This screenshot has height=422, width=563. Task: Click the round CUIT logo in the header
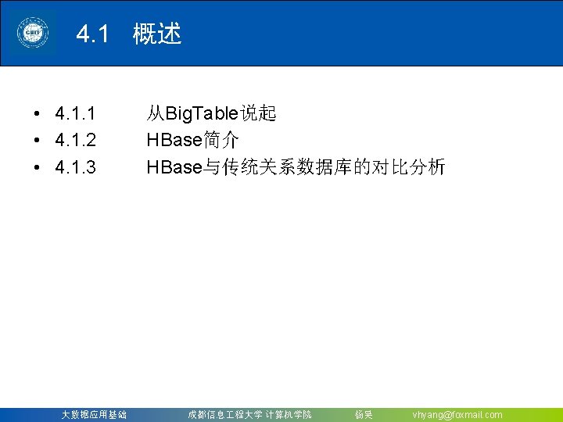[33, 34]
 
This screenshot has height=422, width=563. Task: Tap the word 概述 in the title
[157, 34]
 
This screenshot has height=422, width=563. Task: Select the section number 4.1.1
[76, 114]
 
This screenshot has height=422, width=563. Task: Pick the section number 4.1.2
[76, 141]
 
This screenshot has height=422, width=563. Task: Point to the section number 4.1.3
[76, 166]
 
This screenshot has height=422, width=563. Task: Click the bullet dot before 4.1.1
[38, 115]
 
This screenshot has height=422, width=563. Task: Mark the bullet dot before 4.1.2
[38, 141]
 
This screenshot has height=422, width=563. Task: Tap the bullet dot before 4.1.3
[38, 167]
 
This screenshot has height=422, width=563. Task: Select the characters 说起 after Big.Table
[258, 114]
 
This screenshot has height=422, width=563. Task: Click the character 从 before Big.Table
[155, 114]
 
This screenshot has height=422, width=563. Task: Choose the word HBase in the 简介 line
[174, 141]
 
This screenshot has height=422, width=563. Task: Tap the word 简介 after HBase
[221, 141]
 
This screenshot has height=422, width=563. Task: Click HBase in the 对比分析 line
[174, 166]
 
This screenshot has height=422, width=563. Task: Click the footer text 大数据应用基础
[94, 415]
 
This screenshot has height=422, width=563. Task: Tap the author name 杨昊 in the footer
[364, 415]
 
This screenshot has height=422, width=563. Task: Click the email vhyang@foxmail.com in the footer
[457, 415]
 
